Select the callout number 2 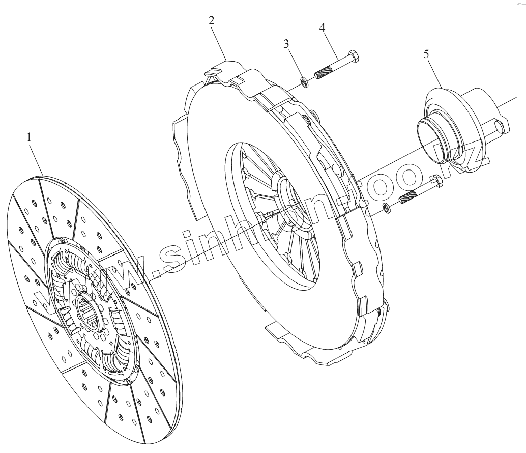(x=211, y=21)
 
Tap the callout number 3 (x=286, y=44)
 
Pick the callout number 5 (x=426, y=54)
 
